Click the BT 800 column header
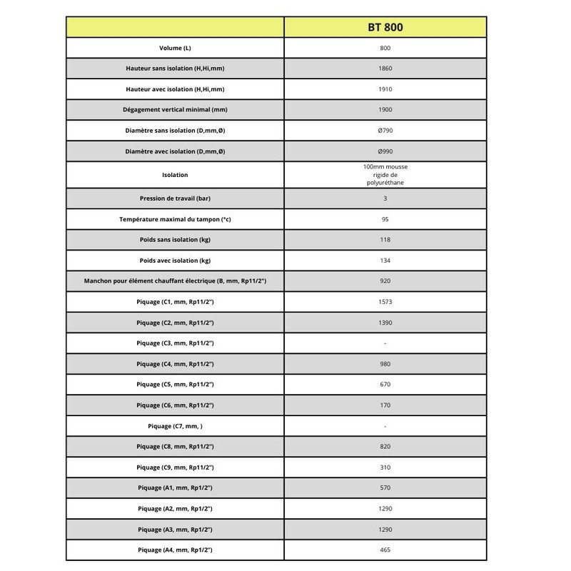pos(385,28)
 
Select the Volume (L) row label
pos(175,48)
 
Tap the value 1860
pos(385,69)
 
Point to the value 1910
pos(385,89)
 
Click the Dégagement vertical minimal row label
pos(175,110)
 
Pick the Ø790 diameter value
pos(385,131)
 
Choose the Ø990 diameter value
pos(385,151)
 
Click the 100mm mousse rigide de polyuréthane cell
pos(385,175)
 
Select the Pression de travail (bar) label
pos(175,198)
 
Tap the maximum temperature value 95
pos(385,218)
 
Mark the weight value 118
pos(385,240)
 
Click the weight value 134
pos(385,261)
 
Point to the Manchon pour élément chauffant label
pos(175,281)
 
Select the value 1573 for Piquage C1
pos(385,302)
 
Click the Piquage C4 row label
pos(175,364)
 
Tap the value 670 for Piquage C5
pos(385,385)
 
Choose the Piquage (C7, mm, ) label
pos(175,426)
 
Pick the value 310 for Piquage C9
pos(385,468)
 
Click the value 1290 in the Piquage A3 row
pos(385,530)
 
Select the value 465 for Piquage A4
pos(385,550)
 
